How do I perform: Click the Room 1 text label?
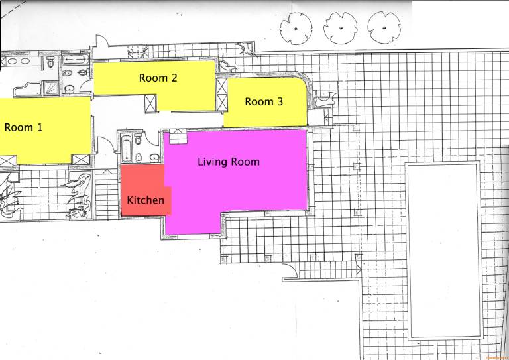click(23, 127)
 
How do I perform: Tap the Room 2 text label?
click(158, 78)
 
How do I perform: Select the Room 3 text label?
click(264, 101)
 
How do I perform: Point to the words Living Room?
click(229, 162)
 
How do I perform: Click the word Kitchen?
click(145, 200)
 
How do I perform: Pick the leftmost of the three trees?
click(296, 29)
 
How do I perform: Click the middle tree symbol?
click(340, 28)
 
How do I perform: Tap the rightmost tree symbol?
click(384, 28)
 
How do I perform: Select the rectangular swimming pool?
click(444, 251)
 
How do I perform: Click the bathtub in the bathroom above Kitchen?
click(127, 148)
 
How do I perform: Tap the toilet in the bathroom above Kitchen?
click(139, 139)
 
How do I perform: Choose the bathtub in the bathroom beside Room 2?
click(74, 60)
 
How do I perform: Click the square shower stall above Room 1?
click(50, 87)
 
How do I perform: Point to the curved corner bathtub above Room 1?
click(28, 89)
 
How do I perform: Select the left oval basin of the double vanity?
click(12, 61)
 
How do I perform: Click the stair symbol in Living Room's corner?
click(178, 137)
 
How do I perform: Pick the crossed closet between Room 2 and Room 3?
click(222, 94)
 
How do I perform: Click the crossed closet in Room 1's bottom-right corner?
click(80, 159)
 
